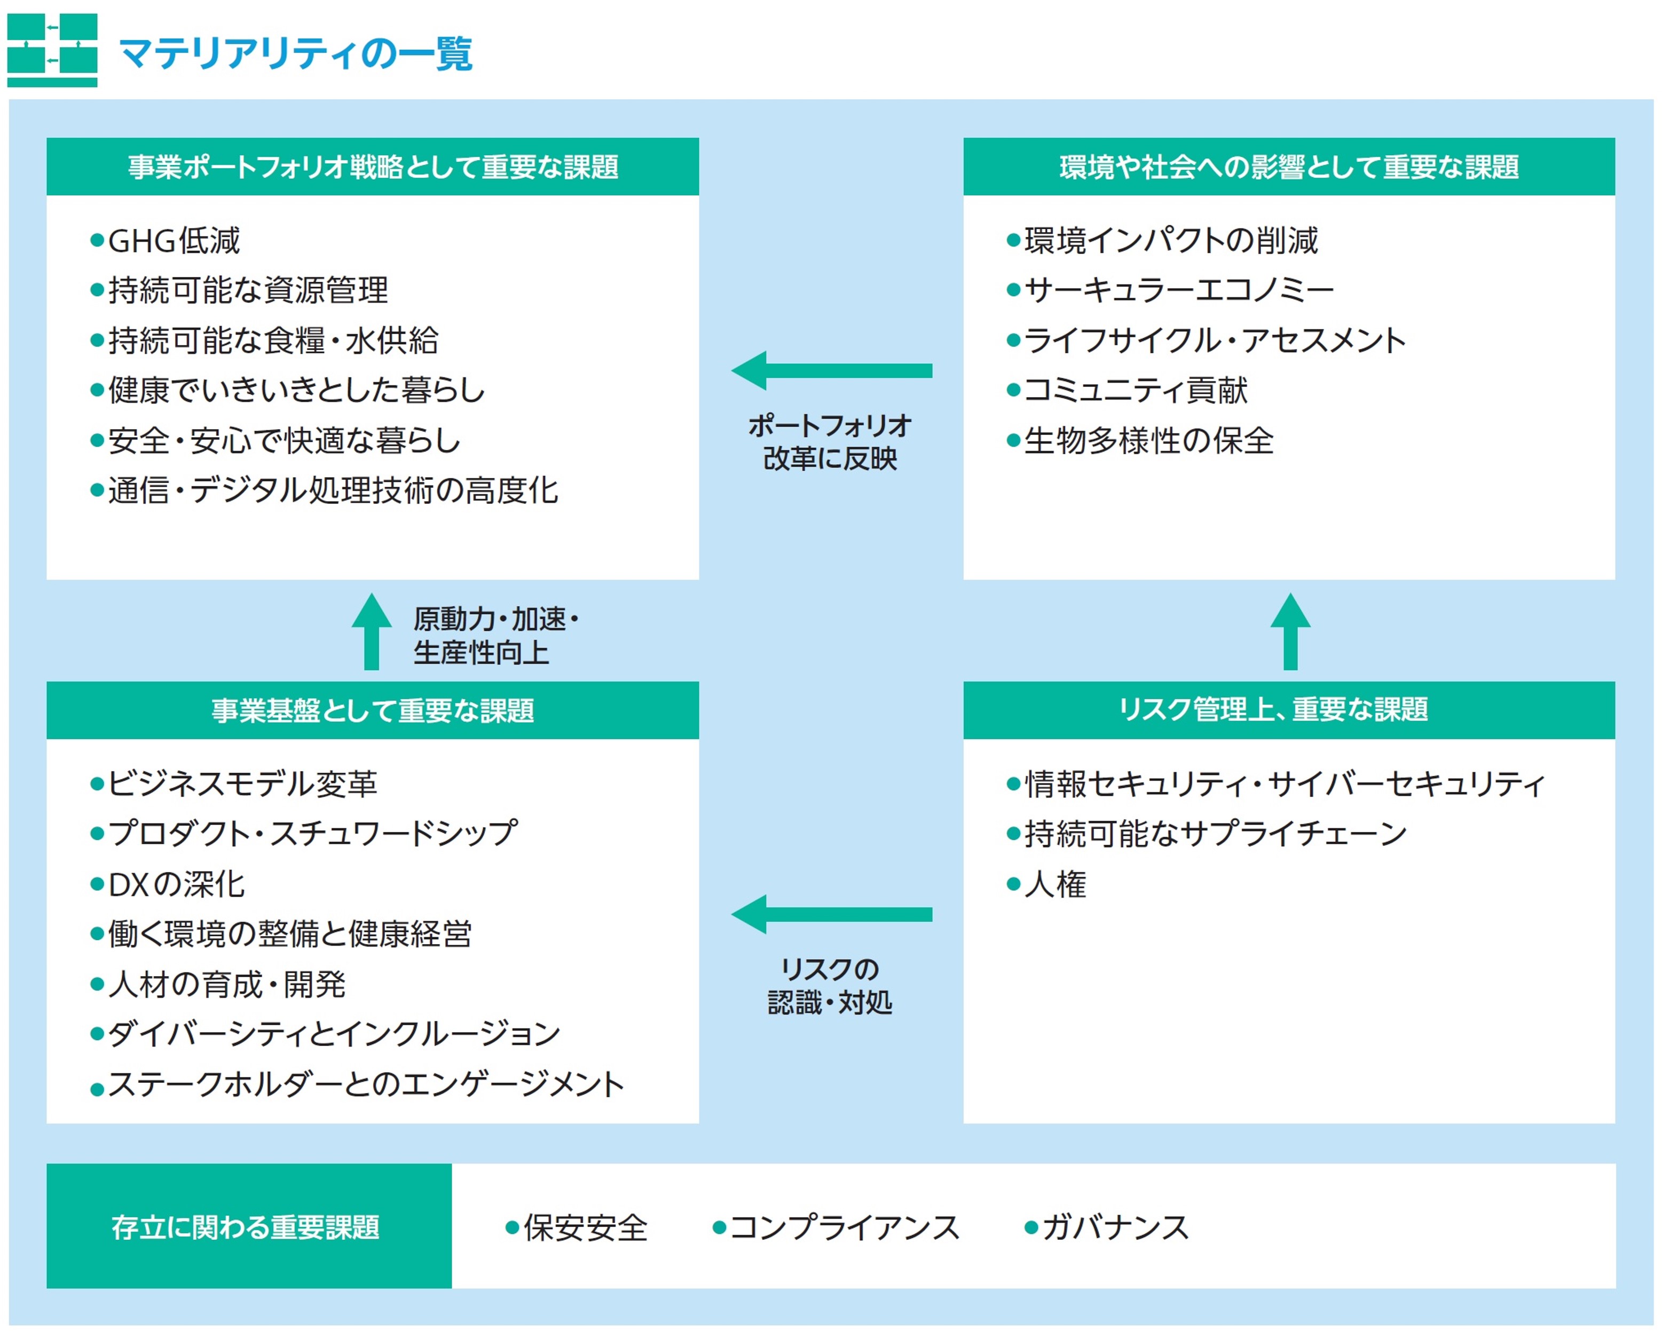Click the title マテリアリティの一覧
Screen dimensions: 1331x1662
[295, 54]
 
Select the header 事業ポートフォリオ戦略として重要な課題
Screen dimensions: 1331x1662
[373, 167]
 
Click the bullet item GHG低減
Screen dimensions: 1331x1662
[174, 241]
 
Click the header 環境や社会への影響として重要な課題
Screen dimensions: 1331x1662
[1289, 167]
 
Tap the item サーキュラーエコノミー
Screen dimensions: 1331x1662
[1179, 290]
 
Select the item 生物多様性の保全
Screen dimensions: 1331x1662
[1148, 441]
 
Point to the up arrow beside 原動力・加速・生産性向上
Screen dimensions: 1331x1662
[372, 631]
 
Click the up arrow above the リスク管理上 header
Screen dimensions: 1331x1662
[1290, 631]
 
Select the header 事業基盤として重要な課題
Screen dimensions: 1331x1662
[373, 710]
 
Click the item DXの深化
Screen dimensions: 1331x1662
[177, 884]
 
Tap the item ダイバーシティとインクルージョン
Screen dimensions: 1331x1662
[334, 1034]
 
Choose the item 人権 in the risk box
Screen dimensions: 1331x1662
[1056, 884]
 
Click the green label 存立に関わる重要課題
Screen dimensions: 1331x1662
[246, 1227]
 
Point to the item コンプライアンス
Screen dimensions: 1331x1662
[844, 1227]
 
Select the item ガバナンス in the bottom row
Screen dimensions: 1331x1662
[1115, 1227]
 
